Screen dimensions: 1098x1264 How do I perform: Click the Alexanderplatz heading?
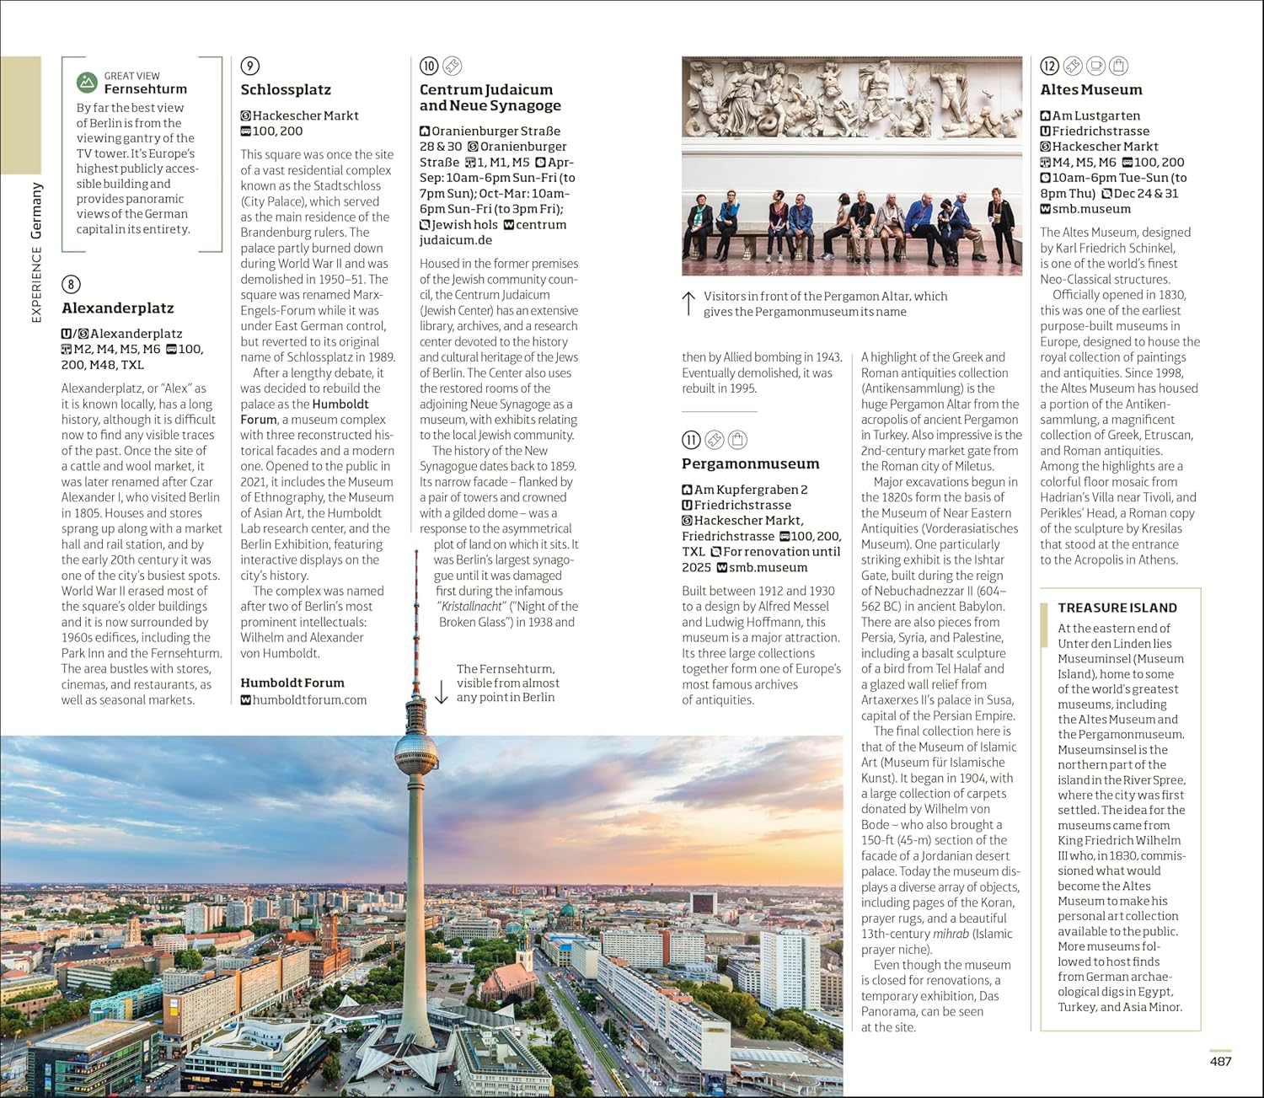click(x=117, y=308)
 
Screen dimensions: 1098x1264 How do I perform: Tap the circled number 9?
click(x=249, y=66)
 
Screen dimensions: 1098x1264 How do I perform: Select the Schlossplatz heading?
click(x=286, y=90)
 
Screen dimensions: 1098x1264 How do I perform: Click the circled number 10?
click(x=429, y=66)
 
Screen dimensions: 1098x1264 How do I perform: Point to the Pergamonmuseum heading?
click(x=750, y=463)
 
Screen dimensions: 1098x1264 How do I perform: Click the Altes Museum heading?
click(x=1090, y=90)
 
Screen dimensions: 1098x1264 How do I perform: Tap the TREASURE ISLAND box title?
click(x=1117, y=608)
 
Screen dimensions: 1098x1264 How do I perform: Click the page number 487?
click(x=1220, y=1061)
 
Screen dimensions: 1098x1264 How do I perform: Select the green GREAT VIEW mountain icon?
click(x=87, y=83)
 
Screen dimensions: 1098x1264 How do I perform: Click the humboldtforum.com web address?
click(x=309, y=699)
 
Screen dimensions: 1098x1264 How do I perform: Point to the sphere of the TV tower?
click(x=415, y=749)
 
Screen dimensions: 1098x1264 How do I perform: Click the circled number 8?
click(x=71, y=284)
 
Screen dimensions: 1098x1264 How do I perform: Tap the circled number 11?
click(x=691, y=439)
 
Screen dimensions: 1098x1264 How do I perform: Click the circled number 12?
click(x=1049, y=66)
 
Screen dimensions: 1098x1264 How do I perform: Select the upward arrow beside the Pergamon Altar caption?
click(x=688, y=303)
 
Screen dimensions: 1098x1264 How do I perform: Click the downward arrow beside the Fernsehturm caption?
click(x=441, y=691)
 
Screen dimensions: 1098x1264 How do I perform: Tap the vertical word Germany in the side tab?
click(x=36, y=211)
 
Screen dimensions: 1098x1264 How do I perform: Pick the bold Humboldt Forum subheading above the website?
click(x=292, y=683)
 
